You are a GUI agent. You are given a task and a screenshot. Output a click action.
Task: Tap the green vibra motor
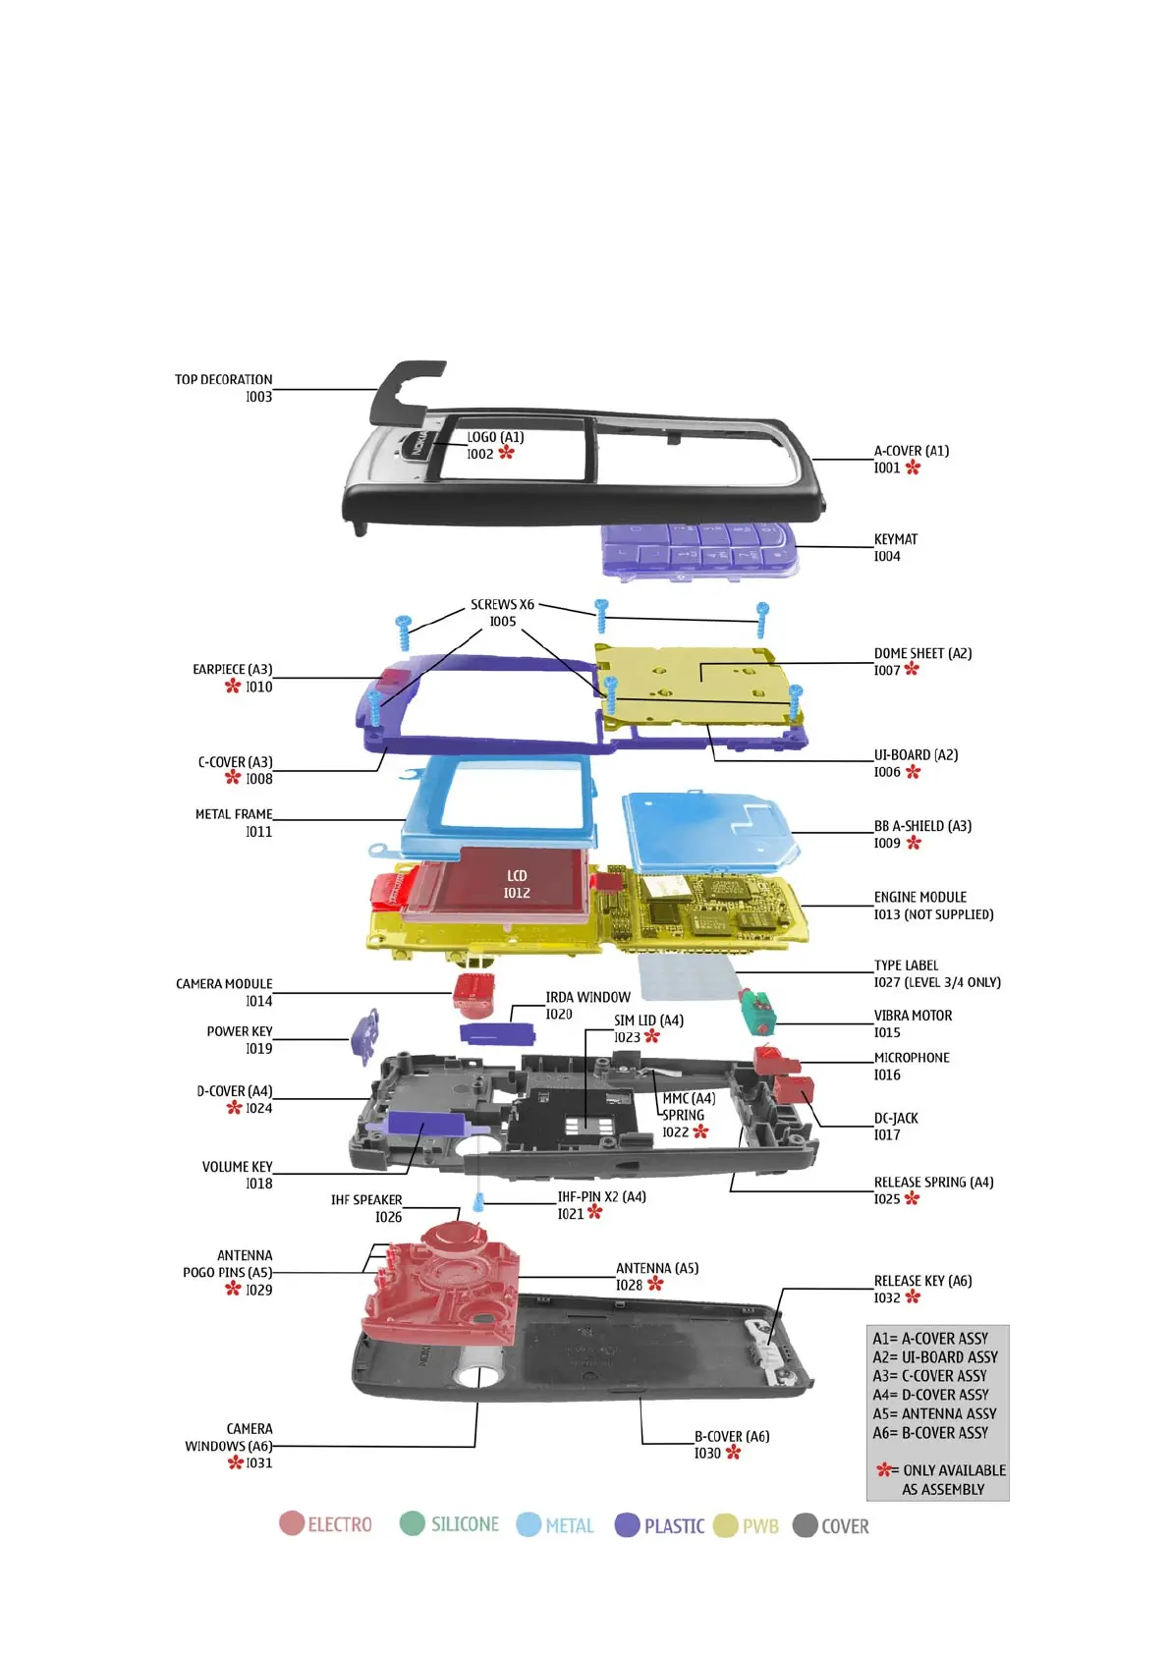757,1012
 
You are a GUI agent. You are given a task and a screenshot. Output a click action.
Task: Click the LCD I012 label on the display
517,884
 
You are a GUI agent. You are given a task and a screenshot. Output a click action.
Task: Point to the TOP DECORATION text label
224,380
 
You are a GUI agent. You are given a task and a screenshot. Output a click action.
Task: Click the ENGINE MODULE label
919,898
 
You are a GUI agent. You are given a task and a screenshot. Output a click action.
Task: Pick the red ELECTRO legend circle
292,1523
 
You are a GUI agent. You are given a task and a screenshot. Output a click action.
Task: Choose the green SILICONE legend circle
413,1523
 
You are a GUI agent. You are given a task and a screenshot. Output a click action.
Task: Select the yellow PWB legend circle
725,1525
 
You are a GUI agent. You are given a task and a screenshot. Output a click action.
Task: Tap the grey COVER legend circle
805,1525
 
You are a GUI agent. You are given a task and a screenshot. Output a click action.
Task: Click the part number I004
887,557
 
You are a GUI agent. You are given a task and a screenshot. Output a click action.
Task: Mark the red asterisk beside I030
733,1453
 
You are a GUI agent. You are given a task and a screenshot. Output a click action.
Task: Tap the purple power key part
365,1035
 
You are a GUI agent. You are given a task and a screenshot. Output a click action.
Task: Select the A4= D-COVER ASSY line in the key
930,1395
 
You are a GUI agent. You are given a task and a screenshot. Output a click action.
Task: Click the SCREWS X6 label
502,605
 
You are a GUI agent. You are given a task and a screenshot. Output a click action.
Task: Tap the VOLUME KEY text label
237,1167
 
